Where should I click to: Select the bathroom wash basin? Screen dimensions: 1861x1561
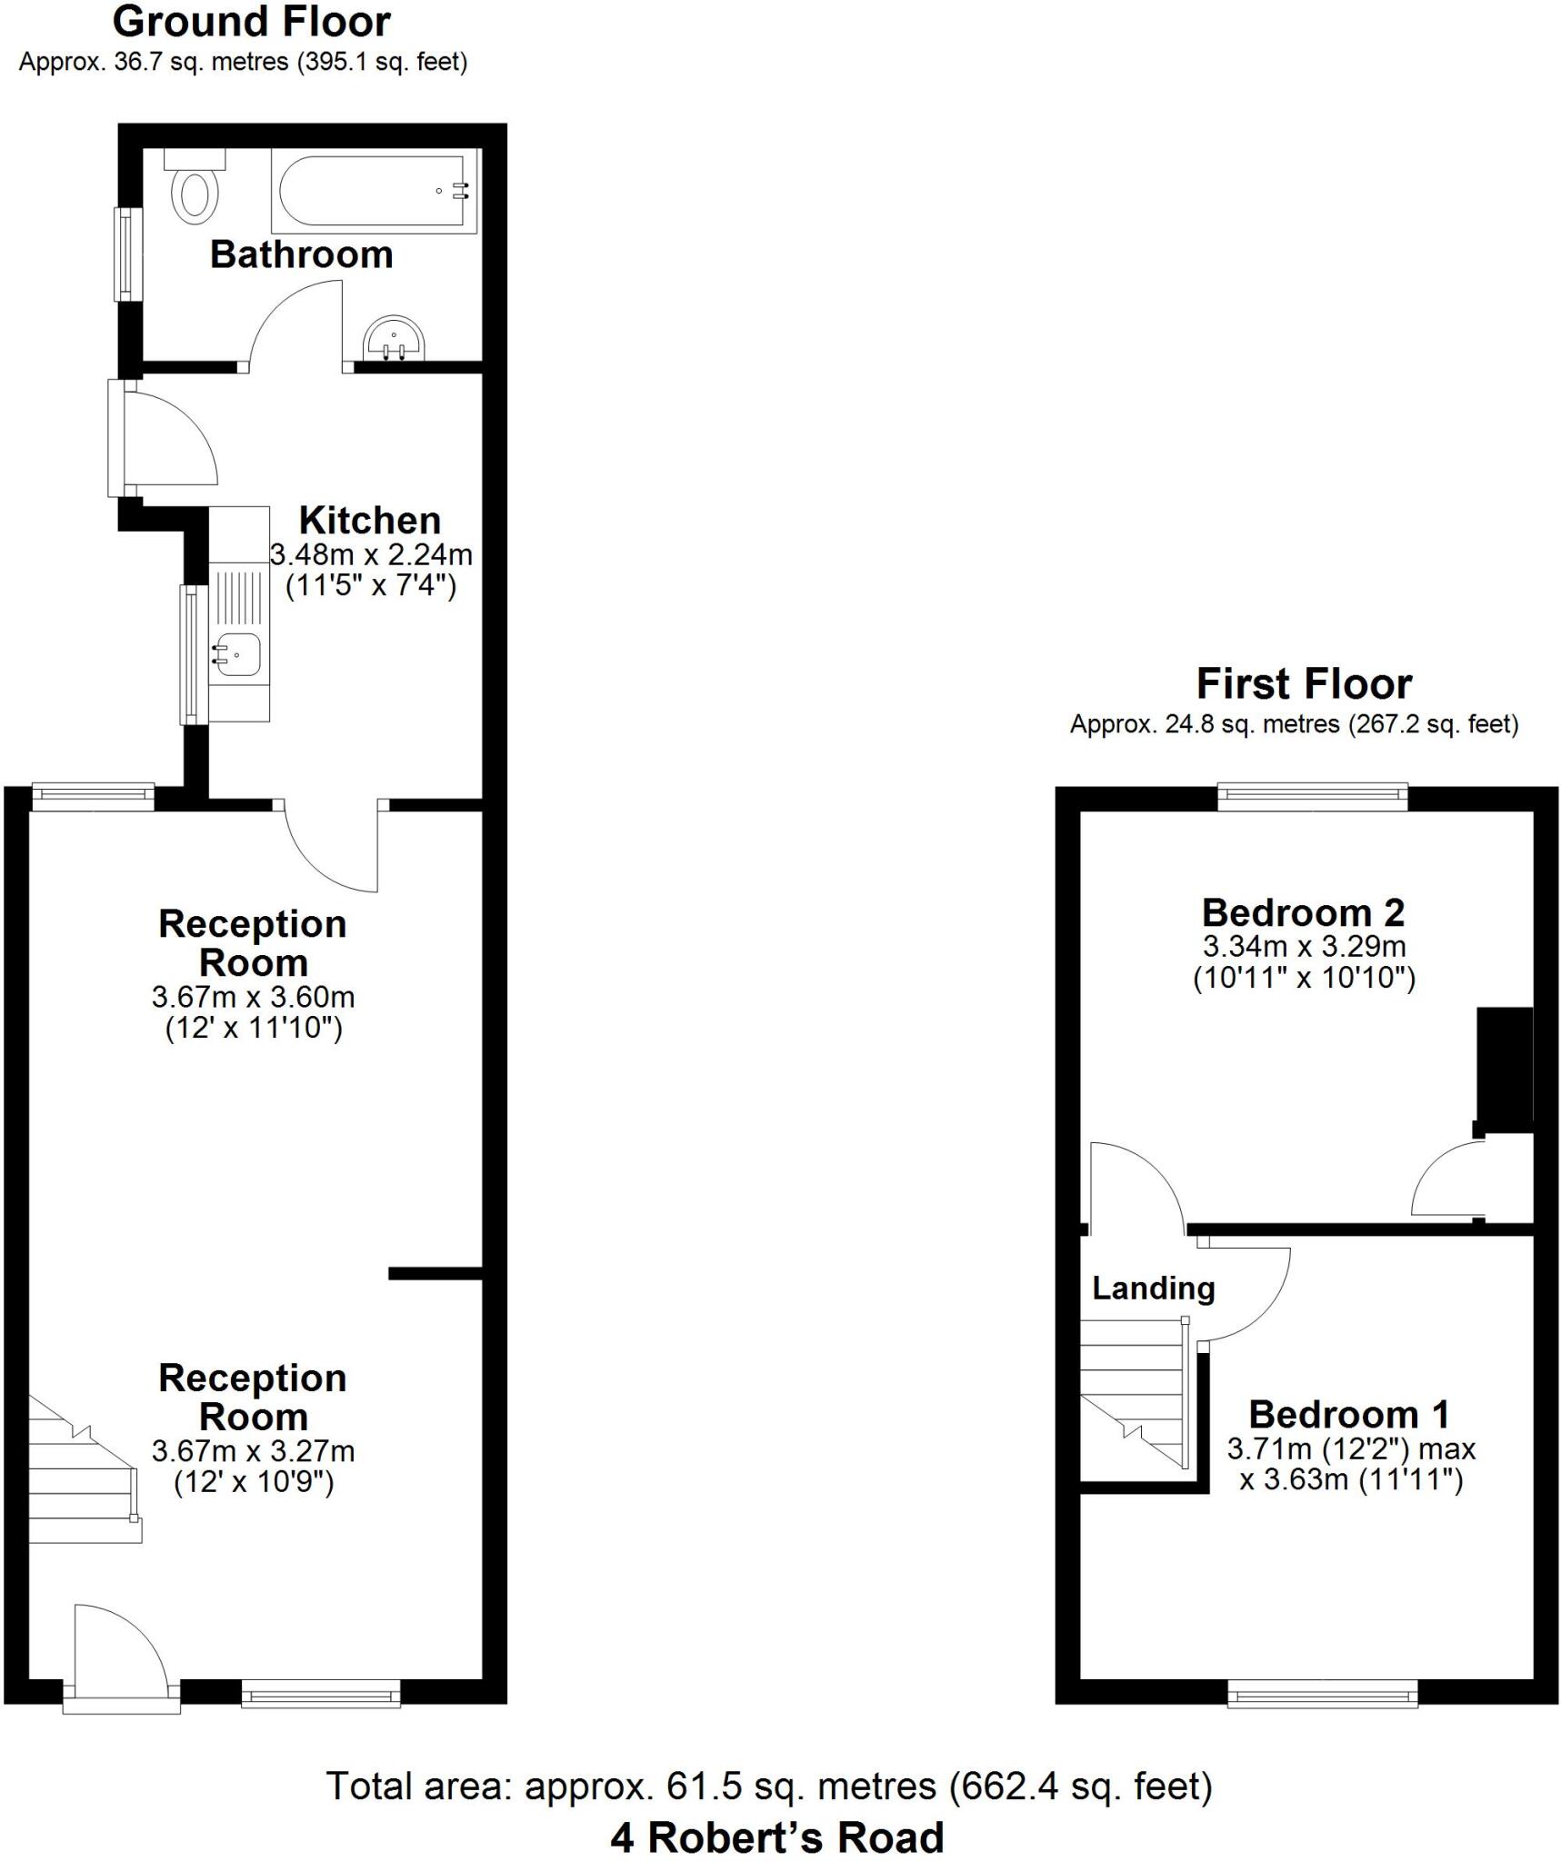coord(394,340)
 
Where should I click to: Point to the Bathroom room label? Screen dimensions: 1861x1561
coord(301,255)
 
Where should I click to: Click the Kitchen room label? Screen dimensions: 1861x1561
coord(370,521)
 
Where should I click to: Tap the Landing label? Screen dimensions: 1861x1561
coord(1153,1289)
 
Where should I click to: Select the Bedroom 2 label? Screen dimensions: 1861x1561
coord(1303,912)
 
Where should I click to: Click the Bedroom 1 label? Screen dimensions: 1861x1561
coord(1348,1415)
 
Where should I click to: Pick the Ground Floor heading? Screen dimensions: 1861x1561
coord(251,23)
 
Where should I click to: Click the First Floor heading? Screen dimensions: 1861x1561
coord(1303,684)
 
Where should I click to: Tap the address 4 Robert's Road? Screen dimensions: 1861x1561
coord(777,1837)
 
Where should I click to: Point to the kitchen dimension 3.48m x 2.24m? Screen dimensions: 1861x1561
coord(371,554)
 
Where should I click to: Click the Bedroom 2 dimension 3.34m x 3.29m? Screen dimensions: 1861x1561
coord(1304,946)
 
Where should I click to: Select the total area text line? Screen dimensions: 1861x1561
coord(769,1786)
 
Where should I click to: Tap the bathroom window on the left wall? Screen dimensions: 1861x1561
coord(128,254)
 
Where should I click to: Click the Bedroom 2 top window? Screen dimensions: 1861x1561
coord(1312,797)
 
